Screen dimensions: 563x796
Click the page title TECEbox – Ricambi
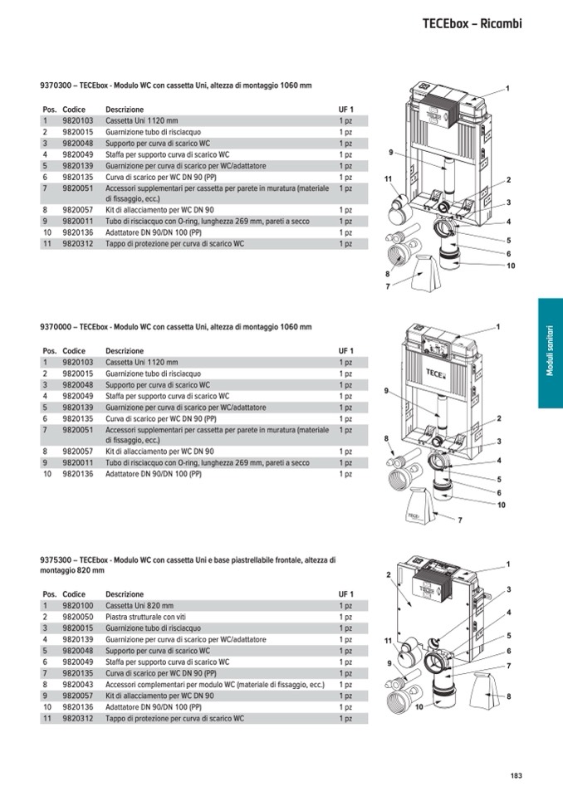472,23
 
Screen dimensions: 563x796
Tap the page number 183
516,775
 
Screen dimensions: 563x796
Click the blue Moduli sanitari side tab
551,353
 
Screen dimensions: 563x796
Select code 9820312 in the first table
78,244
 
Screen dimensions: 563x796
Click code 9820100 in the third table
78,606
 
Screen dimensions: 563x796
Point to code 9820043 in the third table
78,684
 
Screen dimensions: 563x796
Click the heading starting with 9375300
188,565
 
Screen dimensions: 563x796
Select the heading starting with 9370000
176,327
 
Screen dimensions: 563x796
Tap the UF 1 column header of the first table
345,109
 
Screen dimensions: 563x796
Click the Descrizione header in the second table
125,351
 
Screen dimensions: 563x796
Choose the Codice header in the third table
74,594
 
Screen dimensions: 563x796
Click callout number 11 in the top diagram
389,178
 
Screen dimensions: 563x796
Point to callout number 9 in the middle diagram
386,391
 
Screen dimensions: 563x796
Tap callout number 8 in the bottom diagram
509,696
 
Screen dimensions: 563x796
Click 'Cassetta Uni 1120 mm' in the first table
142,121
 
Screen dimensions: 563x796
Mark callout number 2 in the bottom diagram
389,574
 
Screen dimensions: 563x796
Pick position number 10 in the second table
47,474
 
